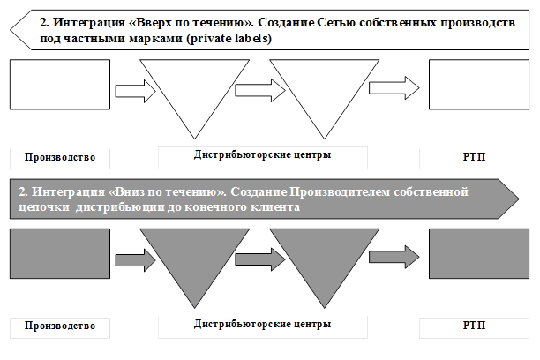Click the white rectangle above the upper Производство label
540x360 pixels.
pyautogui.click(x=60, y=85)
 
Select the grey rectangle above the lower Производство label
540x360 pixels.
pyautogui.click(x=60, y=253)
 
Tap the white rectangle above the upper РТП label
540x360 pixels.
pyautogui.click(x=479, y=85)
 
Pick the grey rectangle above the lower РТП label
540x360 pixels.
pyautogui.click(x=479, y=253)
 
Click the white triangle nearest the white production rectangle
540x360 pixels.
pyautogui.click(x=195, y=86)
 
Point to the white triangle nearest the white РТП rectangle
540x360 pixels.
pyautogui.click(x=325, y=86)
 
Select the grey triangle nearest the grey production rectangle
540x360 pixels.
pyautogui.click(x=195, y=255)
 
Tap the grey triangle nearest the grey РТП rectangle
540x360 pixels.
pyautogui.click(x=325, y=255)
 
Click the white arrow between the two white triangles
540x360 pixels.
pyautogui.click(x=260, y=90)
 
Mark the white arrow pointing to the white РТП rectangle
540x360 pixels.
pyautogui.click(x=394, y=88)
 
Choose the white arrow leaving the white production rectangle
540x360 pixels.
pyautogui.click(x=135, y=91)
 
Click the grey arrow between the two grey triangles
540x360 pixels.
pyautogui.click(x=260, y=259)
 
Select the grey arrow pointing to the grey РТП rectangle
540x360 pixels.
pyautogui.click(x=394, y=257)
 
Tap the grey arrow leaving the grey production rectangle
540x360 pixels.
pyautogui.click(x=135, y=260)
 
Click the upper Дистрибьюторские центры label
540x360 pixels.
pyautogui.click(x=262, y=155)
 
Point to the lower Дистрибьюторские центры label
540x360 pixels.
pyautogui.click(x=262, y=324)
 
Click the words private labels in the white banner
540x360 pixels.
pyautogui.click(x=229, y=38)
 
